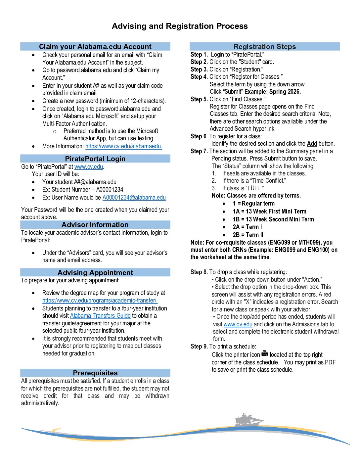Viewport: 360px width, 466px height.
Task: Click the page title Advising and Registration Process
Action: point(180,26)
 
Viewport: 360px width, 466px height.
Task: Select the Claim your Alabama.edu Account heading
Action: point(95,47)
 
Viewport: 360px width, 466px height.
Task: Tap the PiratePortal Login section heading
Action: point(95,159)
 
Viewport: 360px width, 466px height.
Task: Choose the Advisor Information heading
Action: point(95,225)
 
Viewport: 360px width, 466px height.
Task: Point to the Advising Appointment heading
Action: point(95,273)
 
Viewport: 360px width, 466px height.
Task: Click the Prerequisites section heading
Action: point(95,373)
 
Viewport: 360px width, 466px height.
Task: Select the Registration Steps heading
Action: point(265,47)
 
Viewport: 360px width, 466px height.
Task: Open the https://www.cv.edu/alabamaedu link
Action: point(123,146)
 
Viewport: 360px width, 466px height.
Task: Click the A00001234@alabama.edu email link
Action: point(134,198)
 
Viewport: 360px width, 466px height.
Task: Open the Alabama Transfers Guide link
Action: point(100,316)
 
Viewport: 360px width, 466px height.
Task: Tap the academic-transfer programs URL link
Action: point(100,301)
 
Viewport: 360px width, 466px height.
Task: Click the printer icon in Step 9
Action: point(264,354)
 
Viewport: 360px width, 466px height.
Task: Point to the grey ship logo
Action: point(247,420)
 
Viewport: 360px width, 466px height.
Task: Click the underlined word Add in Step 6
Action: point(312,144)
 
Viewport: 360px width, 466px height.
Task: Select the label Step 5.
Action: point(199,99)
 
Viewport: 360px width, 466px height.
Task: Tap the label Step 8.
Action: point(199,272)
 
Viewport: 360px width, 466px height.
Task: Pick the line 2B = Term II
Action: point(248,235)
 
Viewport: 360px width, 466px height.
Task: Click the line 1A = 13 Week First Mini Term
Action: point(269,211)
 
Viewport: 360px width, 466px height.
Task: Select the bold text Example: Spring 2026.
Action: point(272,92)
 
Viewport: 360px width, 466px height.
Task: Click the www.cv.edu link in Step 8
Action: point(238,324)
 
